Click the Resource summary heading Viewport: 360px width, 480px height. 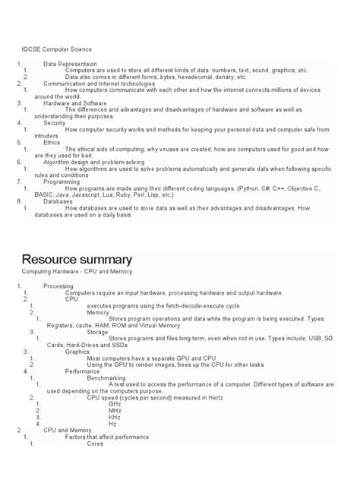[x=76, y=260]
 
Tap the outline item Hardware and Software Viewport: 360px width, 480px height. [x=75, y=103]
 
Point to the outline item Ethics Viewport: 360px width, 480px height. [x=52, y=142]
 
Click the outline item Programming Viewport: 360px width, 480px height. [x=62, y=182]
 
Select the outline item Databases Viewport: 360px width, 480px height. [x=58, y=201]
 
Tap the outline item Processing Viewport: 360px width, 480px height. [x=58, y=286]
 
